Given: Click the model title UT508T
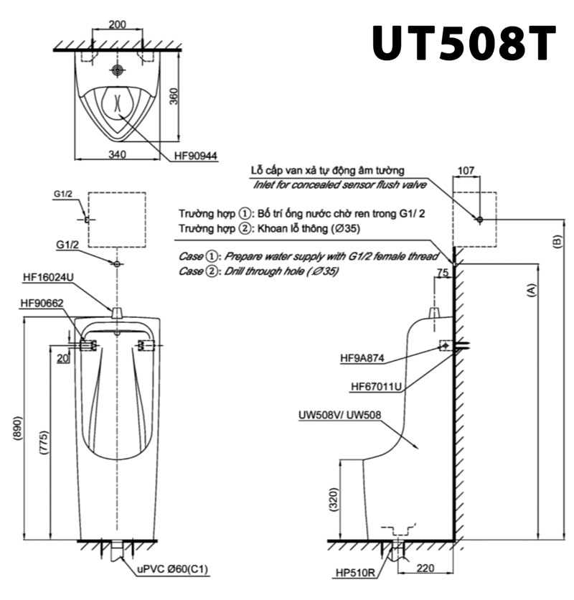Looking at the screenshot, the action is click(x=464, y=43).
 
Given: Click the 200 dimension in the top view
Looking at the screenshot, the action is click(x=117, y=24).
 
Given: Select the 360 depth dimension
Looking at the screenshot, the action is click(x=174, y=96).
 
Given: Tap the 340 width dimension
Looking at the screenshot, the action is click(x=117, y=154).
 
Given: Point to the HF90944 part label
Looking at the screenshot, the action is click(x=196, y=156).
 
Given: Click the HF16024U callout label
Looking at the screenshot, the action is click(x=48, y=277).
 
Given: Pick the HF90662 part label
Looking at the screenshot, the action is click(x=42, y=303).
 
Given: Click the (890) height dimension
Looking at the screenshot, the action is click(x=19, y=429).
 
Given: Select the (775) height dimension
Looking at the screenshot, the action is click(x=44, y=443).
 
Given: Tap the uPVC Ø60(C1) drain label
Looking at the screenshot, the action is click(x=172, y=569).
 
